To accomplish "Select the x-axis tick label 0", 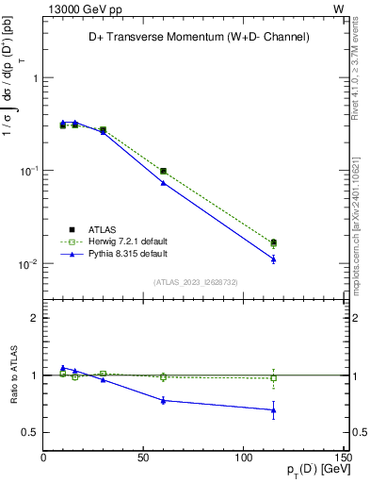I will coord(44,458).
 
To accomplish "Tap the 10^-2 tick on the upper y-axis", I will coord(27,263).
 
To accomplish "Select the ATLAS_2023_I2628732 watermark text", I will coord(195,281).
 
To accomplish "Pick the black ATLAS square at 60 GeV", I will coord(163,171).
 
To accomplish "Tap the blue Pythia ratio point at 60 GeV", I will coord(163,400).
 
